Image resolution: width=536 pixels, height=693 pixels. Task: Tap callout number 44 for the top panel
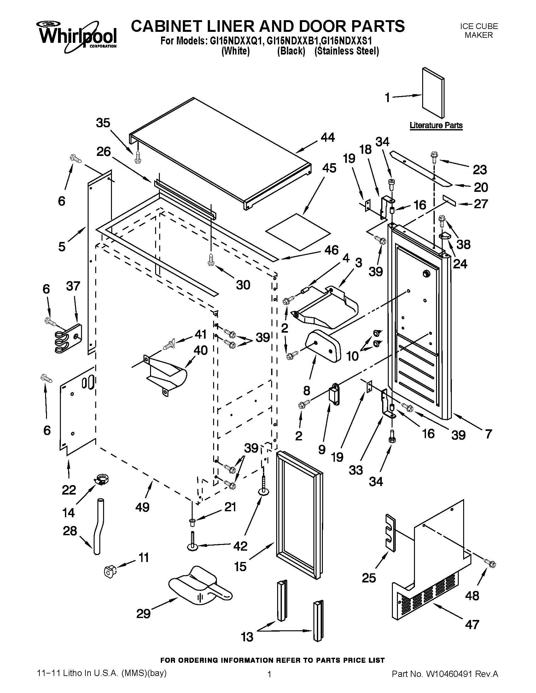328,137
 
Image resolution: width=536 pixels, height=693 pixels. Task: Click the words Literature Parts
436,125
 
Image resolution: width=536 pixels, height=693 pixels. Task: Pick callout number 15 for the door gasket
240,566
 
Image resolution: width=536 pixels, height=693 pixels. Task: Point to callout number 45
329,168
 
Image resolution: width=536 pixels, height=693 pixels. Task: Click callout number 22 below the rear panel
69,490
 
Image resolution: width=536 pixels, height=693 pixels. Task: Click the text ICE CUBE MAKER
479,31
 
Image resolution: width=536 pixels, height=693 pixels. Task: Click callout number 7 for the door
488,434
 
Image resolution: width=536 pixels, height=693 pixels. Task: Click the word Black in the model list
291,51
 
